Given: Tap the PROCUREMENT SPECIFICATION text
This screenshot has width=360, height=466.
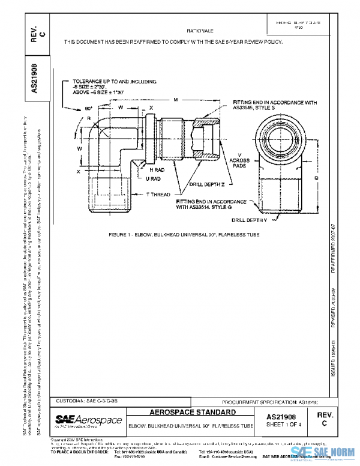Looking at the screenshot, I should [268, 401].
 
